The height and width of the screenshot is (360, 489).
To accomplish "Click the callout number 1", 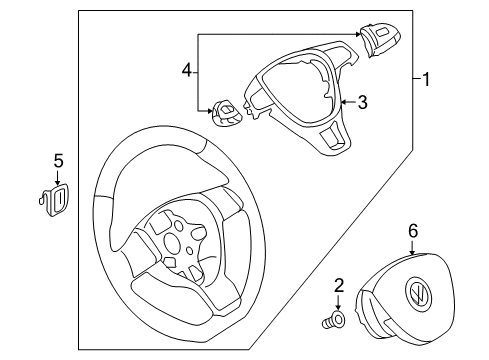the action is [x=426, y=79].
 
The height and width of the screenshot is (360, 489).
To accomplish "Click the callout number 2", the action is [x=339, y=286].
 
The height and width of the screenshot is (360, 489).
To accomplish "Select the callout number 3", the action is [x=363, y=102].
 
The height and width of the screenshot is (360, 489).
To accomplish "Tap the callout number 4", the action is [x=187, y=70].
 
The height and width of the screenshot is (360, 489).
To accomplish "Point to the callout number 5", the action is [x=58, y=161].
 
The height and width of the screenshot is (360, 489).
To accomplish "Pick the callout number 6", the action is [x=413, y=231].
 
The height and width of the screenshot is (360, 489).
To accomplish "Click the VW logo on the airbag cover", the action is [x=418, y=294].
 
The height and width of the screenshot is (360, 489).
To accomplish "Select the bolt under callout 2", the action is [x=334, y=321].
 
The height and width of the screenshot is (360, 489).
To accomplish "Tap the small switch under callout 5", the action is [x=54, y=200].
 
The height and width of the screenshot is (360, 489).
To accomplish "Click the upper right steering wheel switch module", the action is [x=380, y=39].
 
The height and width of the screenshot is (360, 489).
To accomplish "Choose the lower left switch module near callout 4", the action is [x=227, y=112].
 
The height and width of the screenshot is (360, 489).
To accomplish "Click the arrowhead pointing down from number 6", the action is [x=413, y=252].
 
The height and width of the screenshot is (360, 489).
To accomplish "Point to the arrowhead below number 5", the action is [x=58, y=182].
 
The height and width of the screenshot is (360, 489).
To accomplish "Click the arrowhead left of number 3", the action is [x=344, y=102].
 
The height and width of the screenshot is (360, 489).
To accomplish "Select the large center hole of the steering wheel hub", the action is [x=172, y=242].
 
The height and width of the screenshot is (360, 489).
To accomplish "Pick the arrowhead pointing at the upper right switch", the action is [x=358, y=34].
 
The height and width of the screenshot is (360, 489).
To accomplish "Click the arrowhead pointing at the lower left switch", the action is [x=209, y=110].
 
